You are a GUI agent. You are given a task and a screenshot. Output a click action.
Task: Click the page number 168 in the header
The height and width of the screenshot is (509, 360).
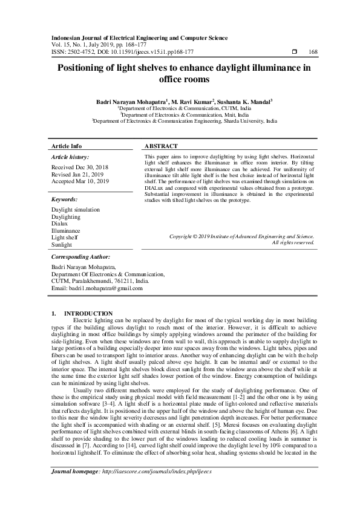[313, 51]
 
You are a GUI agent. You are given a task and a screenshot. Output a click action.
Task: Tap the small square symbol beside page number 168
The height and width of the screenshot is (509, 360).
[294, 51]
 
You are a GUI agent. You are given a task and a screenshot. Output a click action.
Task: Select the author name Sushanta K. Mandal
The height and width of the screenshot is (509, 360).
[245, 102]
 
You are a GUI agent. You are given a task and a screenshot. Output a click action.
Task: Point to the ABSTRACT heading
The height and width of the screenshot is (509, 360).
[162, 146]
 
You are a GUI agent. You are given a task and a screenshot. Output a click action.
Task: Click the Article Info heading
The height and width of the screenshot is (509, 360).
[67, 146]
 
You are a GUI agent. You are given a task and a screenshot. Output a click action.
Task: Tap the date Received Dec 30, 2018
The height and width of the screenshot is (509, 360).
[80, 166]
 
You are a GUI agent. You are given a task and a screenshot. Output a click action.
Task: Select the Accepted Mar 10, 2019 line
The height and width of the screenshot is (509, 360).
[80, 181]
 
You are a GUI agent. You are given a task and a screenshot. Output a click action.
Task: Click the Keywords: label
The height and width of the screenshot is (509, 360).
[64, 199]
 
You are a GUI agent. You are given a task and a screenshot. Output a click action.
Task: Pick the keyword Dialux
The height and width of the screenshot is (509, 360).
[60, 223]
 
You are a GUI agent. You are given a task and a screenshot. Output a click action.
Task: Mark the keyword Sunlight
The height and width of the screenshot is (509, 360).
[62, 245]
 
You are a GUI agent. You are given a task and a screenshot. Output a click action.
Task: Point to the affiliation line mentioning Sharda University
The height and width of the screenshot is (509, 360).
[185, 121]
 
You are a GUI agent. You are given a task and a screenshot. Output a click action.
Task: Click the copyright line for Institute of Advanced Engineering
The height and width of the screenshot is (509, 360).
[241, 236]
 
